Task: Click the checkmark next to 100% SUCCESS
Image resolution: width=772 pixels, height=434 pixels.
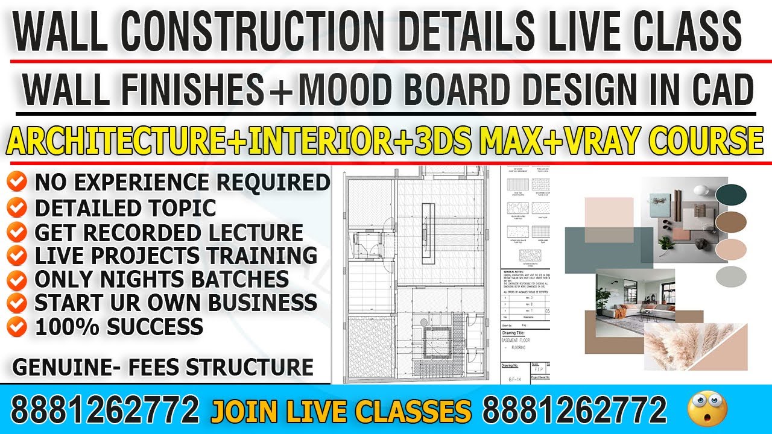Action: click(x=19, y=327)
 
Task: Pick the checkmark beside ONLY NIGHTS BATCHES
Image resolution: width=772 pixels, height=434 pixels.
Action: click(x=19, y=279)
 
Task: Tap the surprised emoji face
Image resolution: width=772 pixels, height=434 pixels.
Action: click(x=707, y=409)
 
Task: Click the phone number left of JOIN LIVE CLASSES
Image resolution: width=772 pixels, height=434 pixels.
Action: click(x=105, y=410)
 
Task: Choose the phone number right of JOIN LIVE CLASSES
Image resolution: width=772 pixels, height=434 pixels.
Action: click(x=575, y=410)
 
